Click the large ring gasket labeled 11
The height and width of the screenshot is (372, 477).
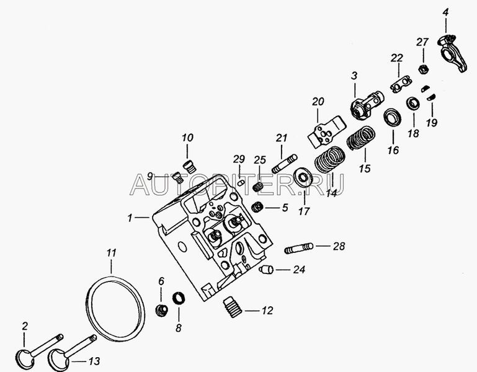pyautogui.click(x=87, y=307)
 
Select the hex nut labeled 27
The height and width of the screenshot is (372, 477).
pyautogui.click(x=423, y=69)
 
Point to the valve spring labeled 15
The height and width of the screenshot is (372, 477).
pyautogui.click(x=361, y=138)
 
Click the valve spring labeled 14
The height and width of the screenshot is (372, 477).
pyautogui.click(x=329, y=159)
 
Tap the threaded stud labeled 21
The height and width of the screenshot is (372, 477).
pyautogui.click(x=285, y=164)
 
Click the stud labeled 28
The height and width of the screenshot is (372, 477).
pyautogui.click(x=298, y=248)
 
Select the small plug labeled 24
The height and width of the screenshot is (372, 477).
pyautogui.click(x=266, y=270)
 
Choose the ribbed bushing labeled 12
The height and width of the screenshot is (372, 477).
pyautogui.click(x=233, y=307)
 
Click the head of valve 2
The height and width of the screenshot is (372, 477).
pyautogui.click(x=25, y=359)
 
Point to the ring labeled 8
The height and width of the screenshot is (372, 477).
pyautogui.click(x=179, y=298)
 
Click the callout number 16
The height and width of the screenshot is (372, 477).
pyautogui.click(x=393, y=150)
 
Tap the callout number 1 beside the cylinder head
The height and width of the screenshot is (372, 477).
pyautogui.click(x=130, y=218)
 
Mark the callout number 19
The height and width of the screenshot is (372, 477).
pyautogui.click(x=431, y=123)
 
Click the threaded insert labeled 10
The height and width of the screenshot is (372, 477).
pyautogui.click(x=190, y=167)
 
